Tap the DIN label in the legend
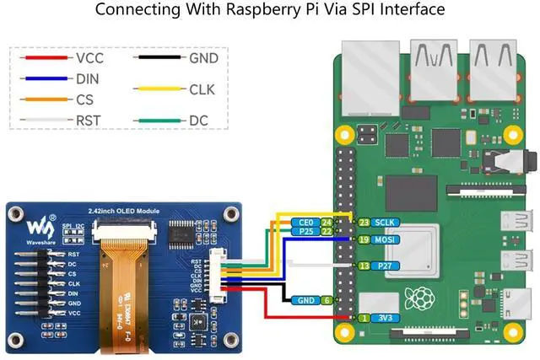click(89, 78)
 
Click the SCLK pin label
click(386, 222)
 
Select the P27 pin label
click(384, 266)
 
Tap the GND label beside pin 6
click(305, 300)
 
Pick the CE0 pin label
click(306, 223)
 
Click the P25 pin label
click(306, 231)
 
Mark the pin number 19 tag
click(364, 240)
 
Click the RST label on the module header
click(74, 253)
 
